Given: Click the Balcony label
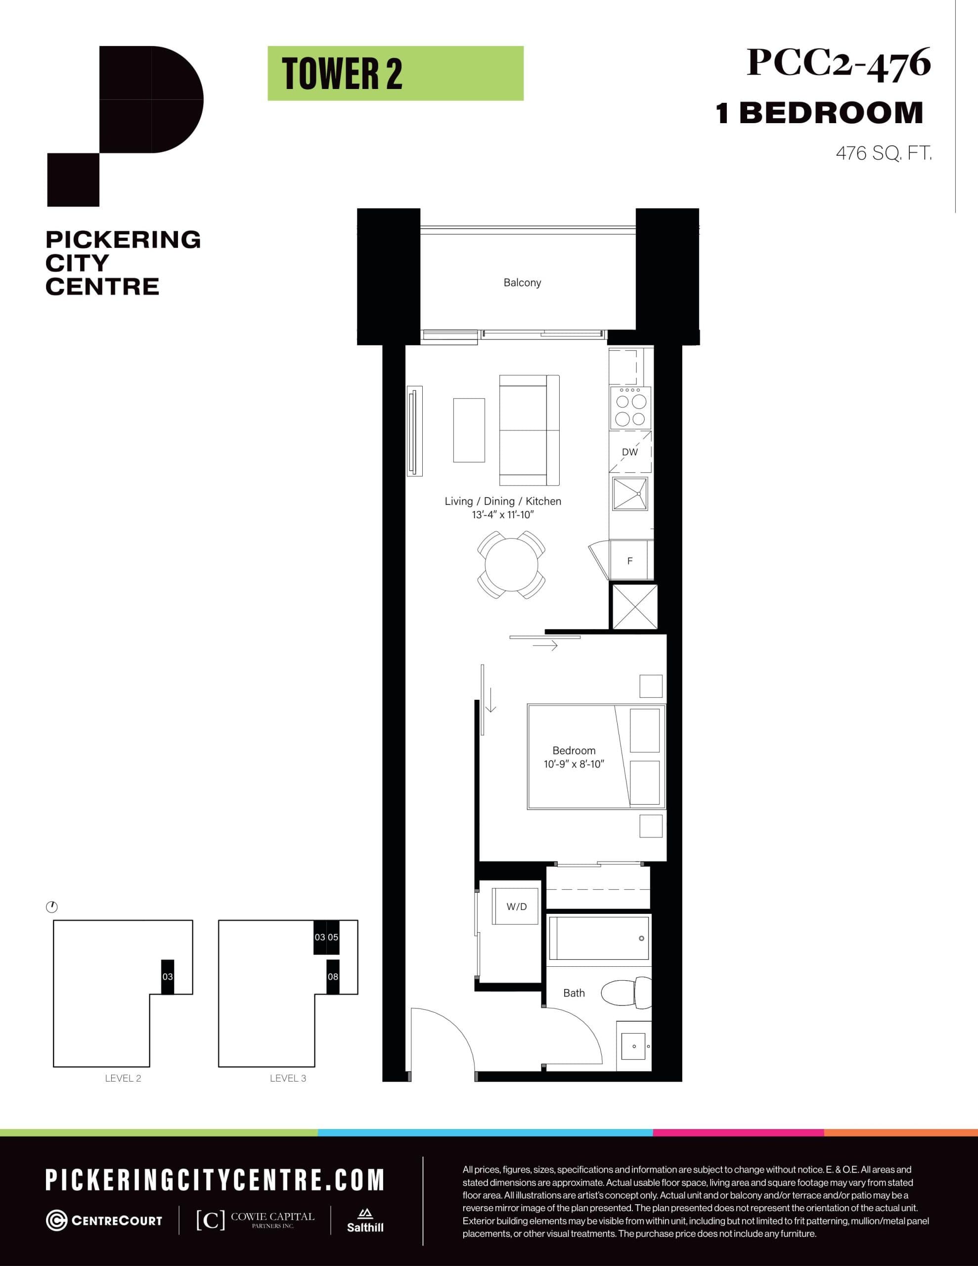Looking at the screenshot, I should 522,283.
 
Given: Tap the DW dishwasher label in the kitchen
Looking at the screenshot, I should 629,452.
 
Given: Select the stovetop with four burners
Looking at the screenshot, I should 630,407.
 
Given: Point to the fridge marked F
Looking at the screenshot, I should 630,560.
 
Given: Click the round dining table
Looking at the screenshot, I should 511,565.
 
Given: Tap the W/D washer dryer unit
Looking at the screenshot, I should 517,906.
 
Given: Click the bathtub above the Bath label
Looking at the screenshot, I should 598,938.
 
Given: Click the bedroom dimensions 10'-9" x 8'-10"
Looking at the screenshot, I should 574,764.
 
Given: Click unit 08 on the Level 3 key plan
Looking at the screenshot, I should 333,977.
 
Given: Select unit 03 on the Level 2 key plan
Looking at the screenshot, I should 168,977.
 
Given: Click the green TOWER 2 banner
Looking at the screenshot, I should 396,74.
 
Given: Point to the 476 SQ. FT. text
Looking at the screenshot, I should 883,154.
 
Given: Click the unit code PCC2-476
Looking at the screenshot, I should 838,63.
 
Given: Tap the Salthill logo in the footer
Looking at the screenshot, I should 365,1221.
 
